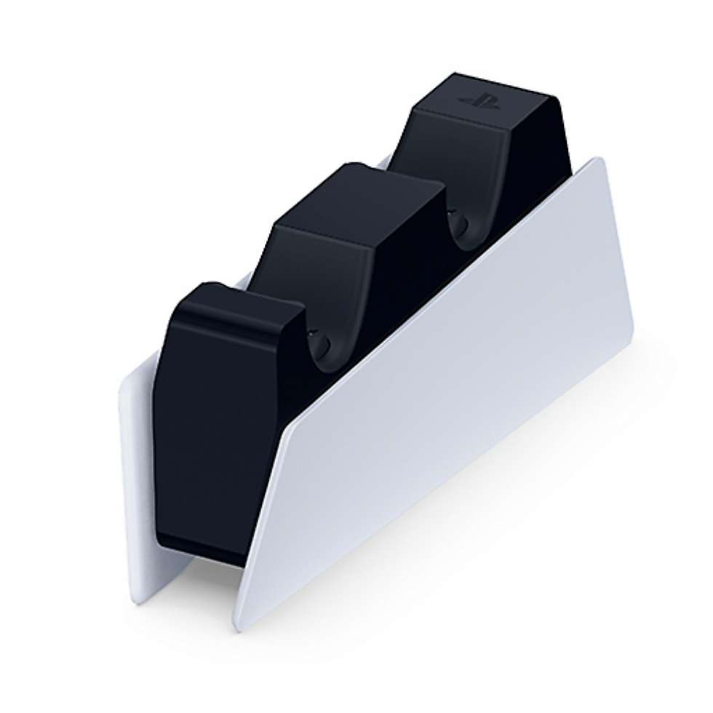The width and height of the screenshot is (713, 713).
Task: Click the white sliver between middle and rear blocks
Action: (x=384, y=162)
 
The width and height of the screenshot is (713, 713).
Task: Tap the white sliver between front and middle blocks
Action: (x=243, y=279)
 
